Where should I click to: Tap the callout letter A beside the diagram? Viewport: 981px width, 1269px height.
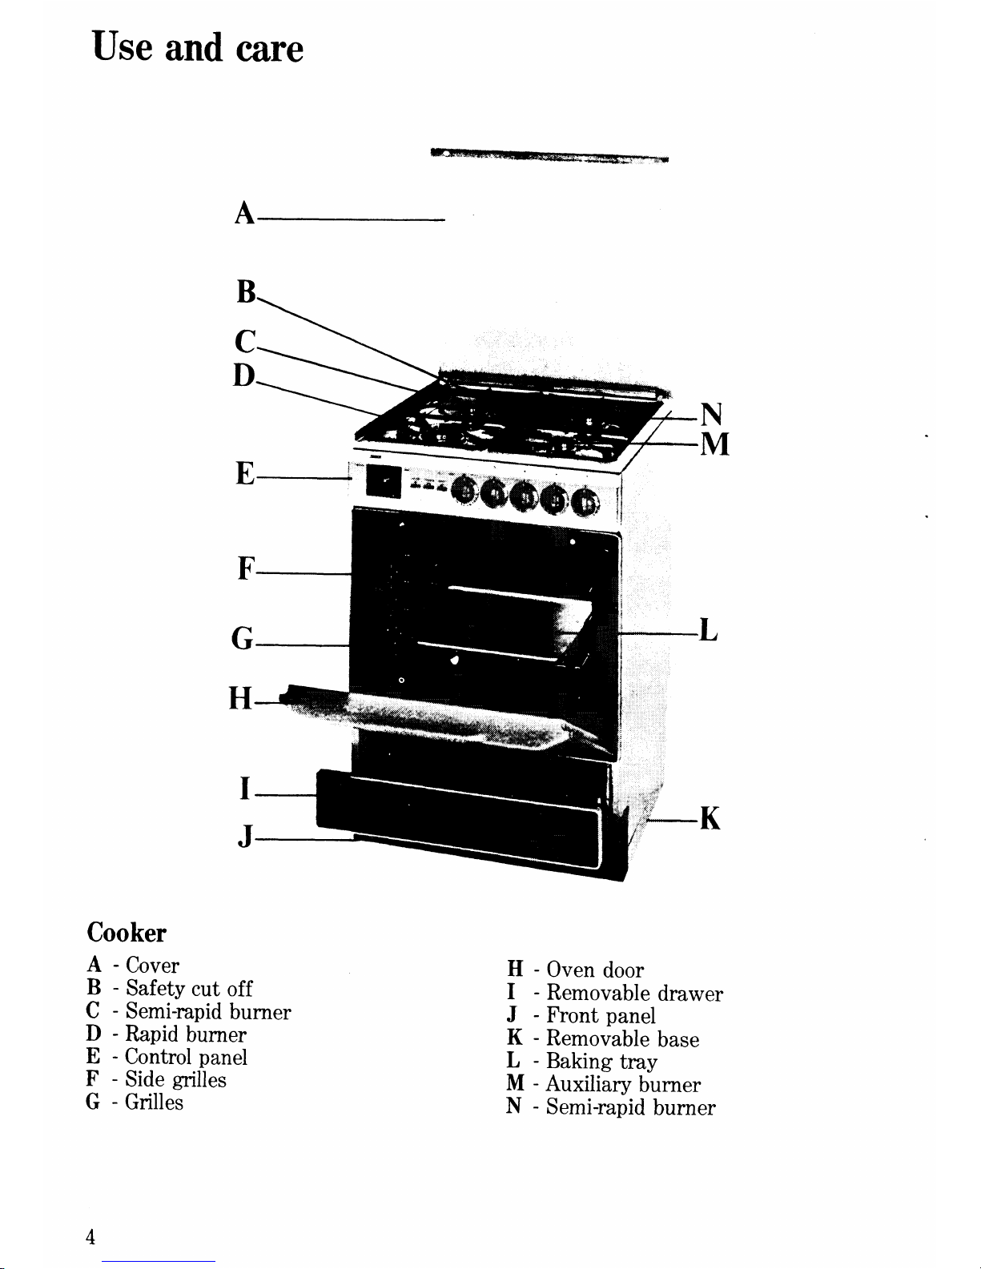pyautogui.click(x=245, y=213)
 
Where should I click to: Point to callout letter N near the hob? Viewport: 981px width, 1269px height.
pyautogui.click(x=712, y=414)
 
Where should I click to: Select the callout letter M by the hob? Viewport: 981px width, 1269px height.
pyautogui.click(x=715, y=444)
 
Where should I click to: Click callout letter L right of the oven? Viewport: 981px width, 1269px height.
pyautogui.click(x=708, y=629)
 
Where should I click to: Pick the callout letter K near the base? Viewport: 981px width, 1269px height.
pyautogui.click(x=710, y=817)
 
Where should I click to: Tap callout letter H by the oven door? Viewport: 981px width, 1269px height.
pyautogui.click(x=240, y=698)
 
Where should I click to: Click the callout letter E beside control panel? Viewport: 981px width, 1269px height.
pyautogui.click(x=245, y=474)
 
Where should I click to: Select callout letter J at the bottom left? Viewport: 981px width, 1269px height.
pyautogui.click(x=246, y=836)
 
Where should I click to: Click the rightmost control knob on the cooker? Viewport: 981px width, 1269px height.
pyautogui.click(x=585, y=503)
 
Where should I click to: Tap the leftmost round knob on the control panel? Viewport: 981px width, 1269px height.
pyautogui.click(x=464, y=490)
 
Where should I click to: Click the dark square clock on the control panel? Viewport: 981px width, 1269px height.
pyautogui.click(x=384, y=482)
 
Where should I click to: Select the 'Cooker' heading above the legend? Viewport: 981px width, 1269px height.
pyautogui.click(x=127, y=933)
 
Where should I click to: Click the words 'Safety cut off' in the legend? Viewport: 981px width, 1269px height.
pyautogui.click(x=189, y=988)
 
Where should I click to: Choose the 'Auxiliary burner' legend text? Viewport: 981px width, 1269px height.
pyautogui.click(x=623, y=1084)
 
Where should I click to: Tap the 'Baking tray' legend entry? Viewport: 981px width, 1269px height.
pyautogui.click(x=601, y=1061)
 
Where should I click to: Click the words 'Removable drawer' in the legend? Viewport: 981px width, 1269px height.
pyautogui.click(x=634, y=993)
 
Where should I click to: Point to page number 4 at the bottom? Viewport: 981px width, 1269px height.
pyautogui.click(x=90, y=1237)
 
